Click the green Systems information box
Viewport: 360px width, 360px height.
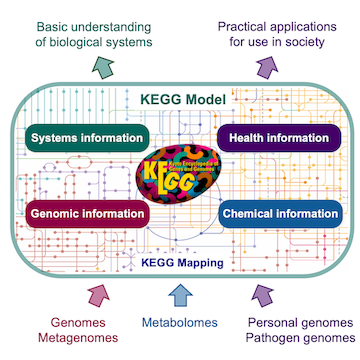click(79, 136)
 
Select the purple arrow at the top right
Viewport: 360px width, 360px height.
click(265, 67)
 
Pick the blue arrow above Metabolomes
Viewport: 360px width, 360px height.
click(180, 294)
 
